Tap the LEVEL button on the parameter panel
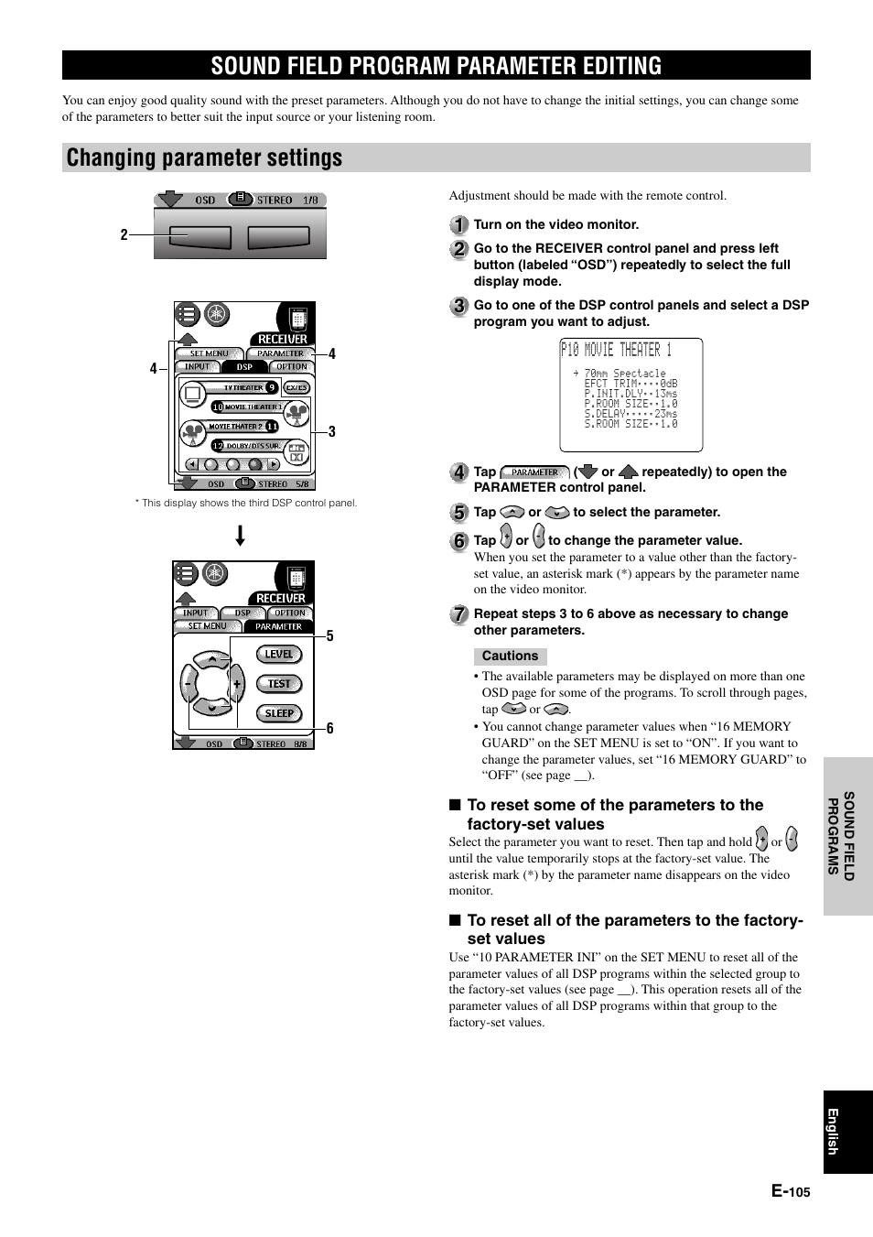(279, 654)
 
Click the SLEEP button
(279, 713)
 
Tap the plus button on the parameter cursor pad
(236, 684)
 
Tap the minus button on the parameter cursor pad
(189, 684)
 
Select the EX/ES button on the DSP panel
(296, 387)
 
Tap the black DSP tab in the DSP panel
(244, 366)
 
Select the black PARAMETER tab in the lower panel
(278, 626)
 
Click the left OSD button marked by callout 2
(192, 236)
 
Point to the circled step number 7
(459, 614)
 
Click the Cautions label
(510, 656)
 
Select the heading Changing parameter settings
(205, 157)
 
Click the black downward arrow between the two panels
(240, 535)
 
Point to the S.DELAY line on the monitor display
(630, 414)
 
